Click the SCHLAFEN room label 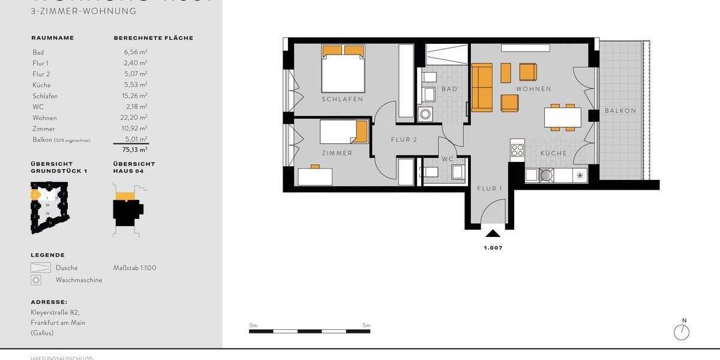343,100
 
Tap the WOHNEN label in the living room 533,89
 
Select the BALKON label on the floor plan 620,111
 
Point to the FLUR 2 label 404,140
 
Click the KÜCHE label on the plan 553,154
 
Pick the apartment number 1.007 493,248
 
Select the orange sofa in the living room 481,88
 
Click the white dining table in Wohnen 563,116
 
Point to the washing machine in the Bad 426,113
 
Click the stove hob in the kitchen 517,149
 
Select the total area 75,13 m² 136,150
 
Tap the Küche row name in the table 42,85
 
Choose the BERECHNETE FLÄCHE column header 153,38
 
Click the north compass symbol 682,332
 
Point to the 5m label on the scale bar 366,325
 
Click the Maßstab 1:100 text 134,268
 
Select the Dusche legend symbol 40,268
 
